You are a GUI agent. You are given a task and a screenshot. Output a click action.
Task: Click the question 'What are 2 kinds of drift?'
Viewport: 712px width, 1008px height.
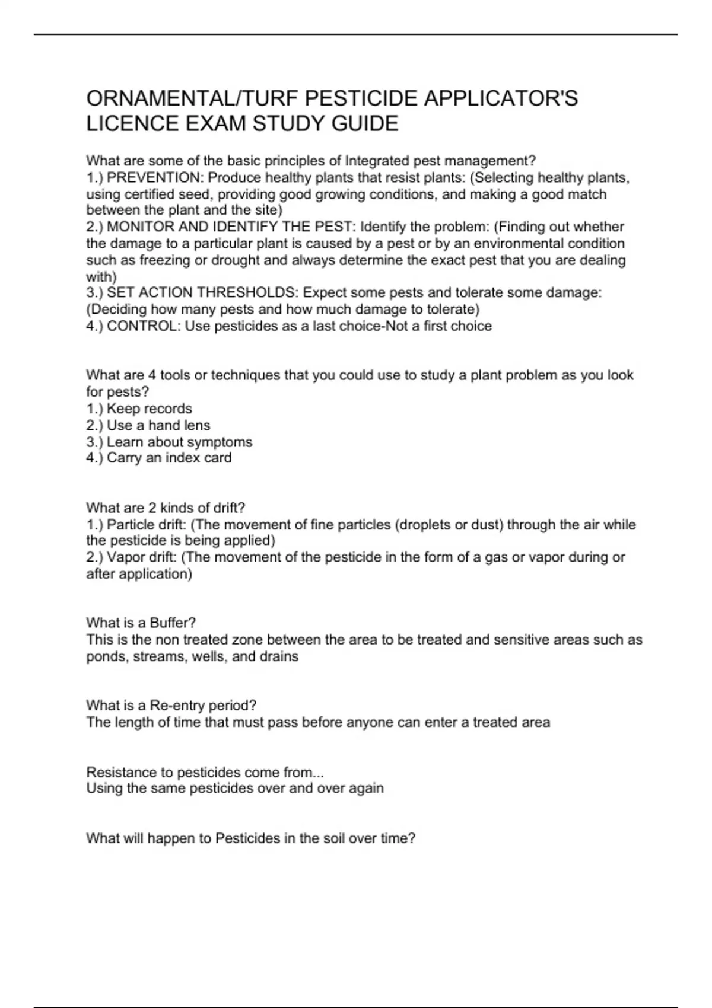click(x=166, y=508)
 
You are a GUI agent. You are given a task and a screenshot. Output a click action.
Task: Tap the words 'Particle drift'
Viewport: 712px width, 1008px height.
click(x=141, y=525)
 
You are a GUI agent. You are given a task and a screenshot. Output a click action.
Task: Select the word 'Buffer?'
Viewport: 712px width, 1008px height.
click(x=173, y=623)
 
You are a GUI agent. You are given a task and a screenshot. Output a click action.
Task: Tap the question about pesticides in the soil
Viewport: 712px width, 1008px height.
click(x=250, y=838)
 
